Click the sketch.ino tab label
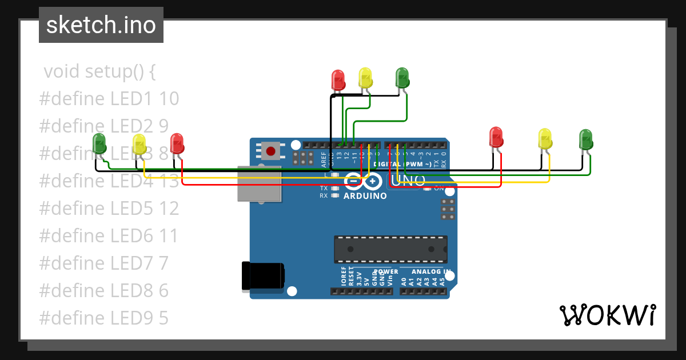(x=101, y=26)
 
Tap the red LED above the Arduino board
(x=338, y=79)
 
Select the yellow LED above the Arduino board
(x=365, y=77)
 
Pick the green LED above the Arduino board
(x=402, y=77)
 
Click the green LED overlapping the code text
(x=99, y=143)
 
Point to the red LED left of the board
(x=177, y=143)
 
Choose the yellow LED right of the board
(x=545, y=138)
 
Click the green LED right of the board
(x=585, y=139)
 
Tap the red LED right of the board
(x=496, y=137)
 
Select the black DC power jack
(x=262, y=275)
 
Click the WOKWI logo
(x=607, y=315)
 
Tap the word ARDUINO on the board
(x=365, y=196)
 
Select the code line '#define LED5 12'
(x=109, y=209)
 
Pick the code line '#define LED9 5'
(x=104, y=318)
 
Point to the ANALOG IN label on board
(x=431, y=271)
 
